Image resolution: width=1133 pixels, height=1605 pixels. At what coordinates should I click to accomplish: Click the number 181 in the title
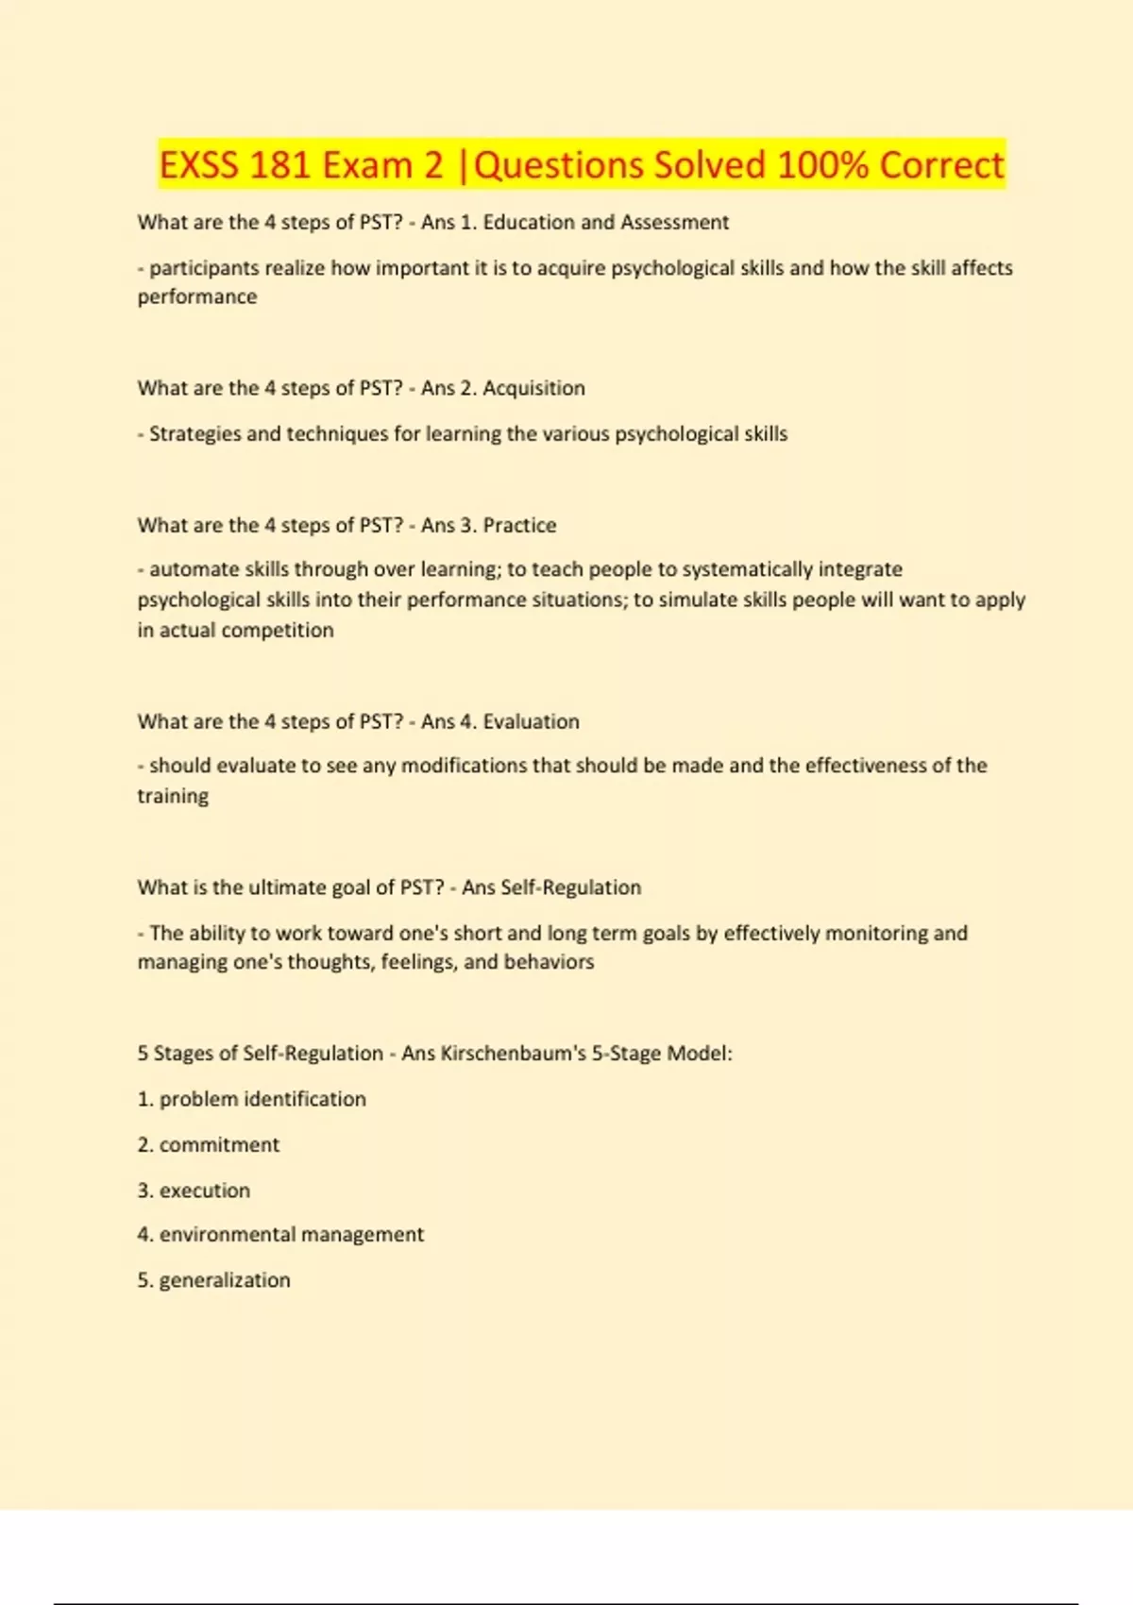pyautogui.click(x=280, y=165)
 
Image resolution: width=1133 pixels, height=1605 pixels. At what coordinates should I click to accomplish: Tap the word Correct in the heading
pyautogui.click(x=941, y=165)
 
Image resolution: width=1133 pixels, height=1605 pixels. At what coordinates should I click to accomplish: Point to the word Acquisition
pyautogui.click(x=533, y=388)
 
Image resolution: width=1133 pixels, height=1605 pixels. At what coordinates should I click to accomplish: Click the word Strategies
pyautogui.click(x=195, y=434)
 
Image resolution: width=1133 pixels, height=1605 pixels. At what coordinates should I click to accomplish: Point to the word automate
pyautogui.click(x=194, y=569)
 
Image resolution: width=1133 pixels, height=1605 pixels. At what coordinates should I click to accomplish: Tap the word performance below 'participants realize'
pyautogui.click(x=197, y=296)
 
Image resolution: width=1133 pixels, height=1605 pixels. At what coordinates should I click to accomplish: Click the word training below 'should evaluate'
pyautogui.click(x=173, y=796)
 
